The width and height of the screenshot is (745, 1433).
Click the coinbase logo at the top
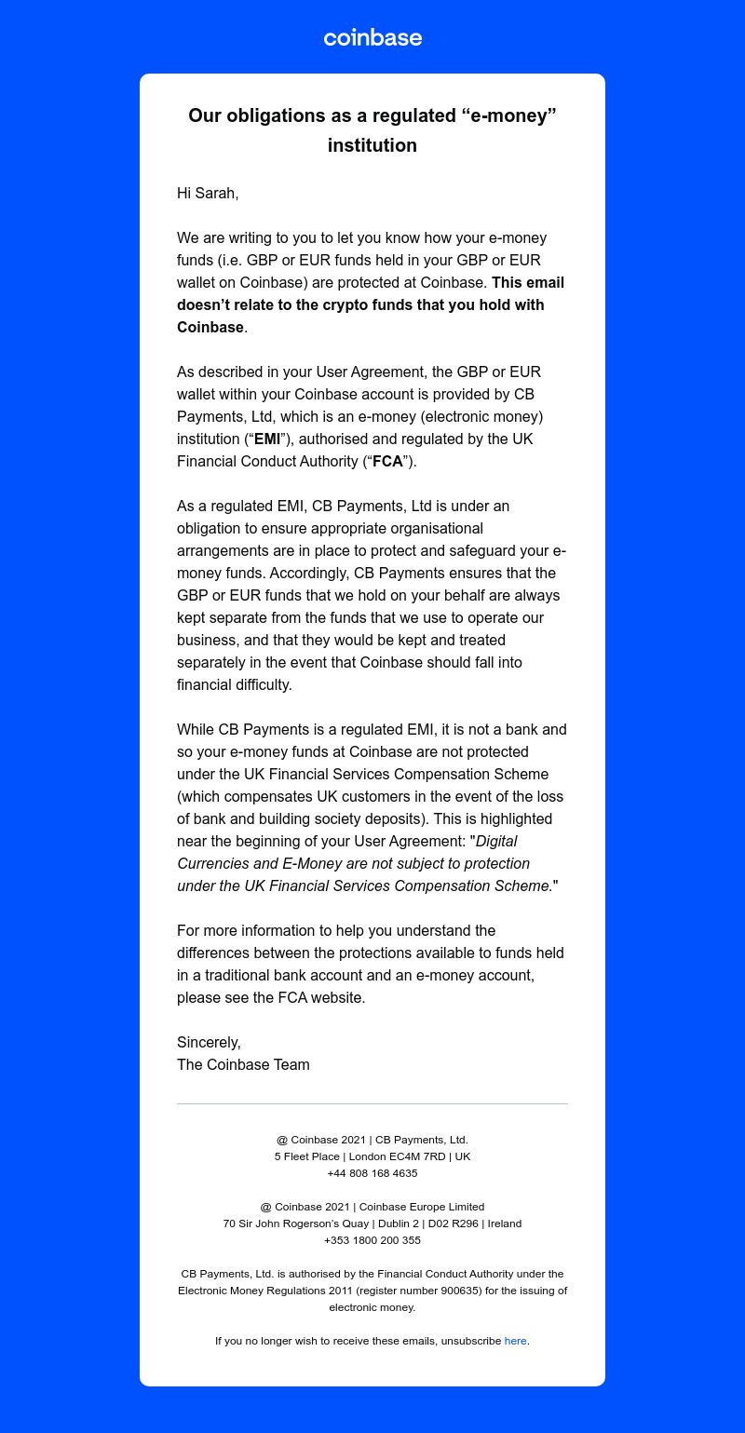[x=372, y=38]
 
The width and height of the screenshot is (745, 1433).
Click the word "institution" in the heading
[x=372, y=145]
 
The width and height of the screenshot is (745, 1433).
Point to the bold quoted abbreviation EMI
[x=267, y=439]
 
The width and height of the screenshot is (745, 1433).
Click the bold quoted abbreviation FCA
[x=387, y=462]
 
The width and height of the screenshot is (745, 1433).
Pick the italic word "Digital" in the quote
[x=496, y=842]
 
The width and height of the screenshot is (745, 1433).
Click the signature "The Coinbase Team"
[x=243, y=1065]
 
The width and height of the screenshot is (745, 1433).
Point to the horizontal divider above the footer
[x=372, y=1104]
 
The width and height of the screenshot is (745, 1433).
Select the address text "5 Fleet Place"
[x=306, y=1156]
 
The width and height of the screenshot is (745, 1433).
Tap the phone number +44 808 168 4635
[x=372, y=1173]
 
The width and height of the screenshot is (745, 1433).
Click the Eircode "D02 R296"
[x=453, y=1223]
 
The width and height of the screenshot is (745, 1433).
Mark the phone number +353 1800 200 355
[x=372, y=1240]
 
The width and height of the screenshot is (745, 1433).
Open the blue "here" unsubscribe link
[x=515, y=1341]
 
